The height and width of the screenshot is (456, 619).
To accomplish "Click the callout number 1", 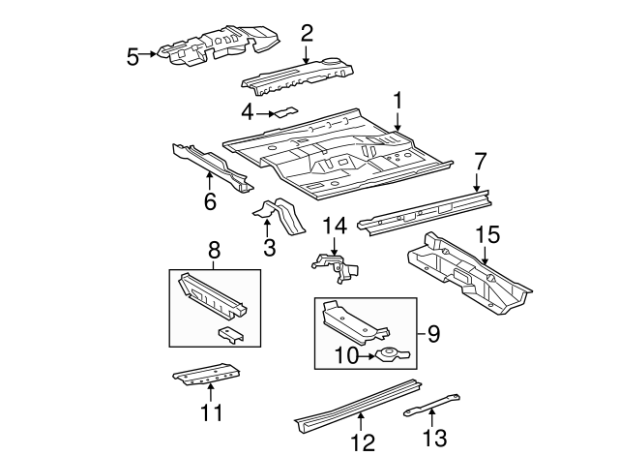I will click(x=397, y=101).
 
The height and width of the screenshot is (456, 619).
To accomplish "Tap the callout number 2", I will click(x=307, y=34).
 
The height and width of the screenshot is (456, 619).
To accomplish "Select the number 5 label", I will click(x=133, y=57).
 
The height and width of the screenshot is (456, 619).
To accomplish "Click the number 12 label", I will click(x=361, y=442).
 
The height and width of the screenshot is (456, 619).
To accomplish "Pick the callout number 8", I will click(x=213, y=255).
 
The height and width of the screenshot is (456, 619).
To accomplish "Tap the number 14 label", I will click(x=333, y=227).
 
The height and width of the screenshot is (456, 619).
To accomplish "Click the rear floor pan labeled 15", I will click(x=469, y=276).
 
